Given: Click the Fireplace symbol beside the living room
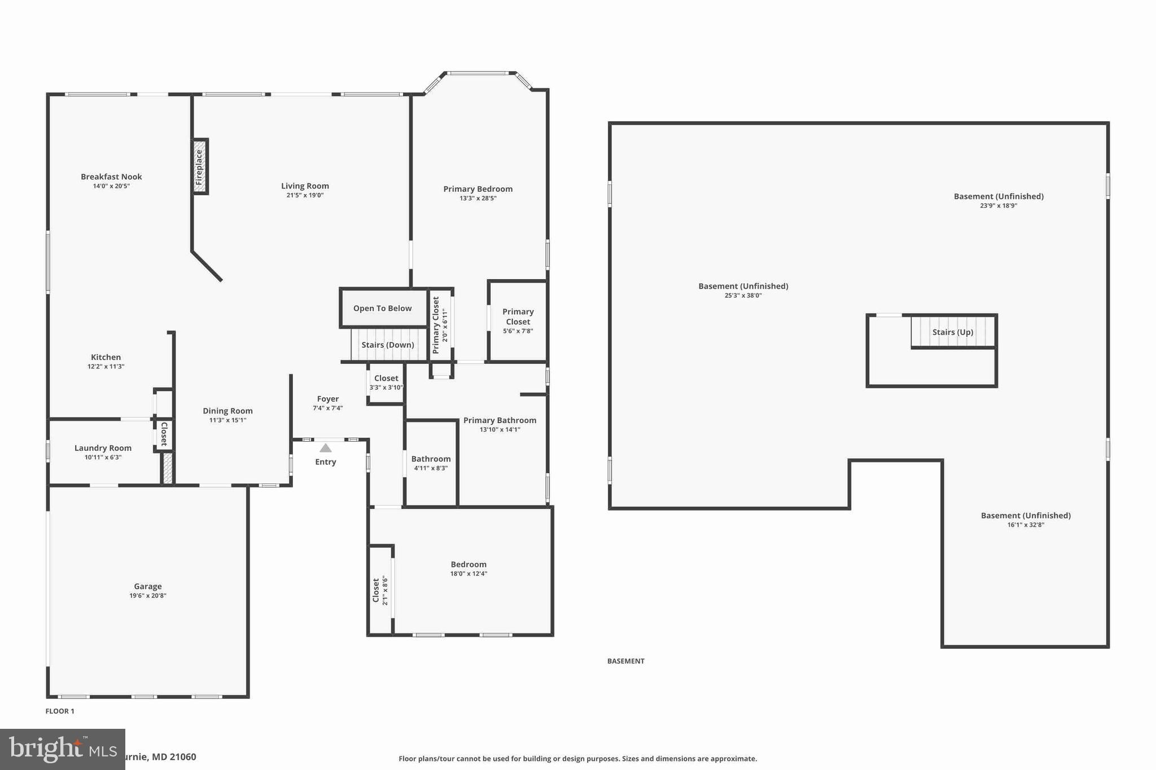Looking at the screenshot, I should (x=199, y=167).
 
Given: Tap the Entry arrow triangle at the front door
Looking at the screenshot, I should (x=326, y=448).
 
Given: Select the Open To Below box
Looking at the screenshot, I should (x=383, y=308).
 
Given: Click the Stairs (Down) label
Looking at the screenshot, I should (x=388, y=345).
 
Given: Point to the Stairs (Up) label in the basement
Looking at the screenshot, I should (x=953, y=332).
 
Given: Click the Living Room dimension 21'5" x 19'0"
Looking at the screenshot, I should (x=305, y=196).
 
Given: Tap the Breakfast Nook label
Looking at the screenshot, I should (x=111, y=177).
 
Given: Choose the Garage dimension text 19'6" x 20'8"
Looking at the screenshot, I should (x=148, y=596).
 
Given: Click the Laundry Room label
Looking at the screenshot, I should (x=103, y=448).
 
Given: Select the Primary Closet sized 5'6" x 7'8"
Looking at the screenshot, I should (x=518, y=320).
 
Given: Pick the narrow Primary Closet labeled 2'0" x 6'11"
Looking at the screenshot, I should (x=440, y=325).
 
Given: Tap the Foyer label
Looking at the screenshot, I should (x=328, y=399).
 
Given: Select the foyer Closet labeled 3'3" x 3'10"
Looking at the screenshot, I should (x=386, y=382).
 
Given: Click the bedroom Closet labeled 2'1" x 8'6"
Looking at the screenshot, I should (x=380, y=590).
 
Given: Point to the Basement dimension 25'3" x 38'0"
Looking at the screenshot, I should (x=743, y=296).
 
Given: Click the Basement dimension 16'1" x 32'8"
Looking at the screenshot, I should (x=1026, y=525).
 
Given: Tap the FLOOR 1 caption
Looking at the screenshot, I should (x=60, y=711).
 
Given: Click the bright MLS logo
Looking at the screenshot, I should (x=62, y=749).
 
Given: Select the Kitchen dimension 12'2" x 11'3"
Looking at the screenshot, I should (x=106, y=367).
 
